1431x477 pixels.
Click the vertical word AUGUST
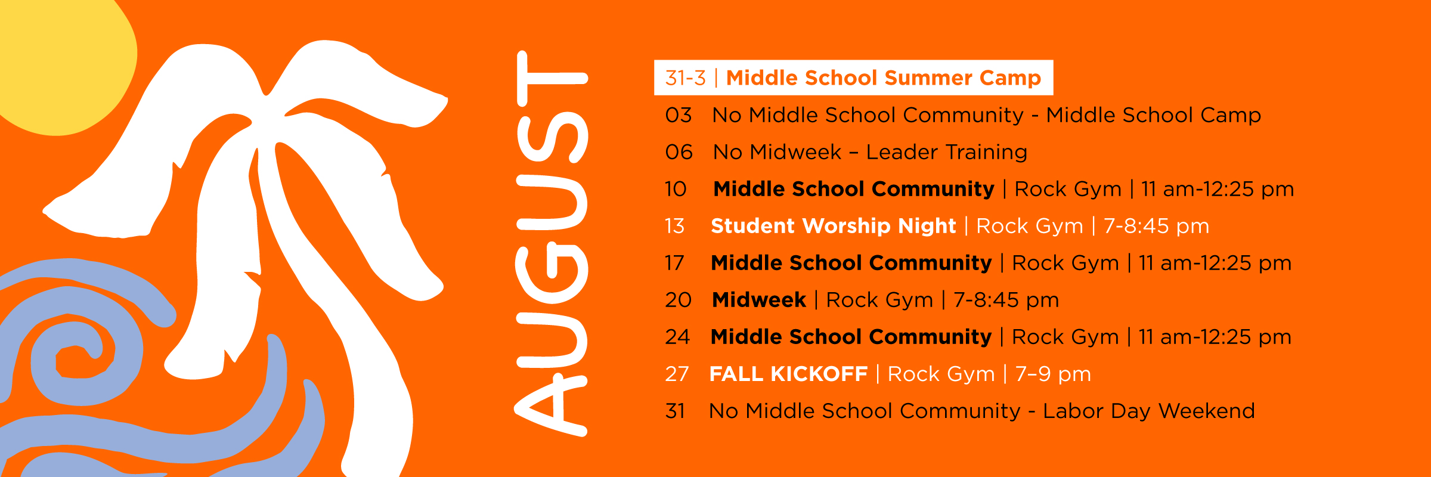click(552, 243)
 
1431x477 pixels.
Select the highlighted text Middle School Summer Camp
click(884, 78)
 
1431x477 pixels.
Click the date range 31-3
click(686, 78)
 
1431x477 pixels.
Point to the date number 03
click(679, 115)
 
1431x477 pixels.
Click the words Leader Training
click(947, 152)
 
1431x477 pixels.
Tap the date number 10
click(676, 189)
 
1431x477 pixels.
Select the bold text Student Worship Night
click(834, 226)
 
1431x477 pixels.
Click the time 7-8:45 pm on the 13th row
click(1156, 226)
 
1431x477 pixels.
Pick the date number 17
click(675, 263)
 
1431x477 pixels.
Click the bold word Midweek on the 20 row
click(759, 300)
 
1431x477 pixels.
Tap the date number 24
click(678, 337)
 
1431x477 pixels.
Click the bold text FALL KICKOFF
click(788, 374)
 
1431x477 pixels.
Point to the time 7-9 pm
click(1053, 374)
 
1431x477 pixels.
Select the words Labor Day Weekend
click(1149, 411)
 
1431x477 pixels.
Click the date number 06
click(679, 152)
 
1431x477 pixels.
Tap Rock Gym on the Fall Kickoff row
click(941, 374)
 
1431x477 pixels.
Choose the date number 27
click(677, 374)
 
